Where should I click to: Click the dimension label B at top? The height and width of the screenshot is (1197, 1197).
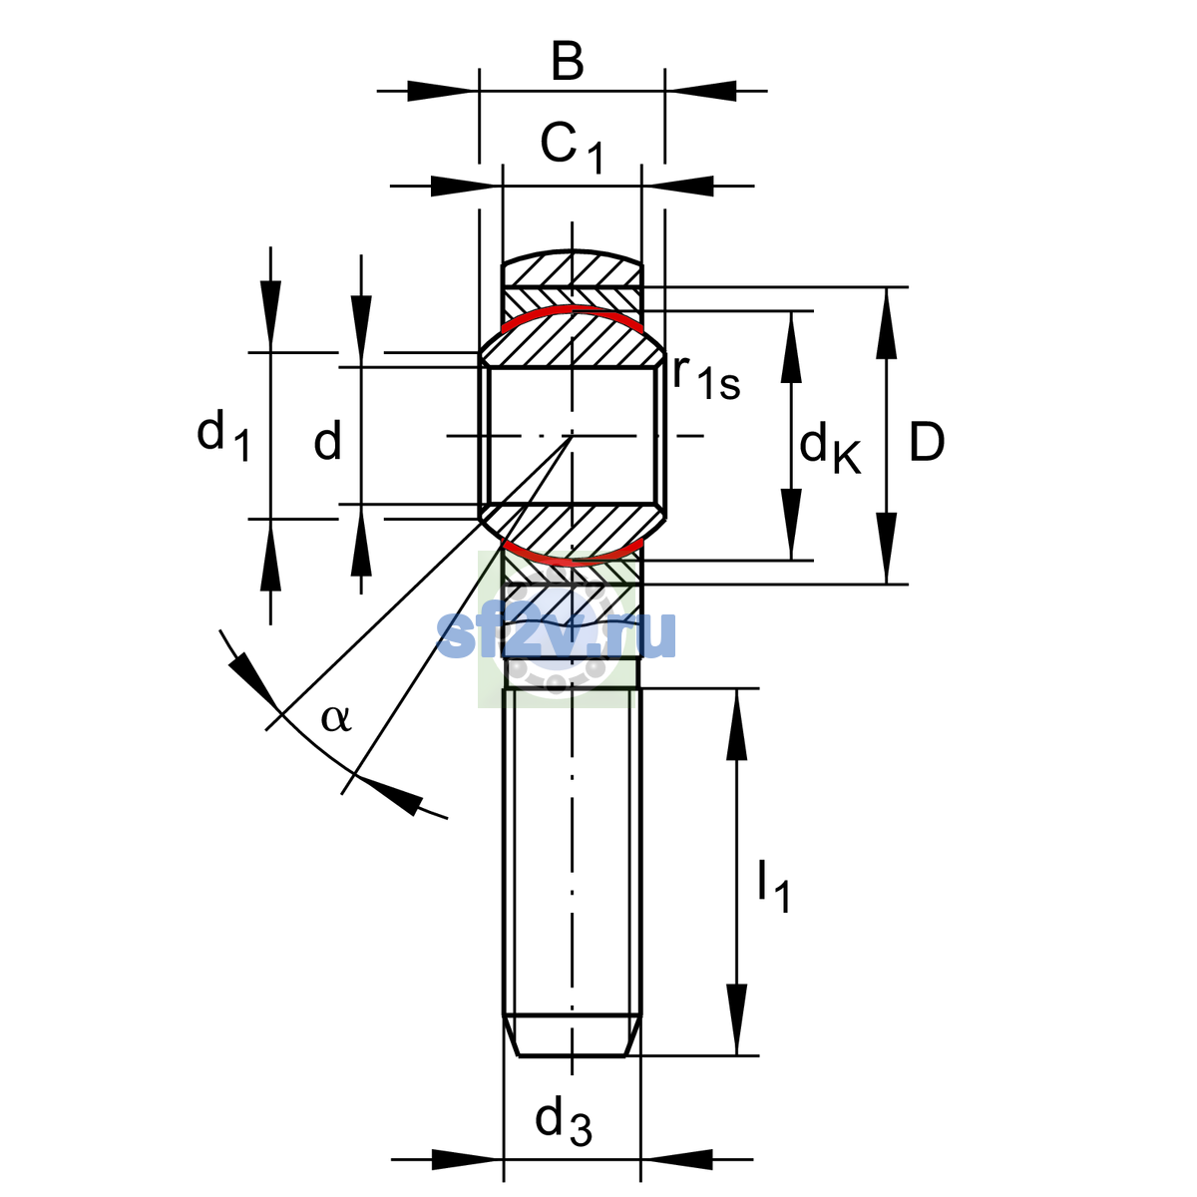568,62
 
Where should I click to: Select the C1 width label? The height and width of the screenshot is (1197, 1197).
572,148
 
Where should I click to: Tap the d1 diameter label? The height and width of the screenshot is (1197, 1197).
223,437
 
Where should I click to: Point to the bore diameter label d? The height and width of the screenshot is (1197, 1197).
327,439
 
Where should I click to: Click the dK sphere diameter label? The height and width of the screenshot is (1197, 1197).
830,447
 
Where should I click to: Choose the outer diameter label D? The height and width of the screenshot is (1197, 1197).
926,442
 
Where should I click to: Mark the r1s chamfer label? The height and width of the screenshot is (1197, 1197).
706,378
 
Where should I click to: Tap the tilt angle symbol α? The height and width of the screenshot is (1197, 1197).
336,718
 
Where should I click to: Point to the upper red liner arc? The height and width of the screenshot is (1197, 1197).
573,310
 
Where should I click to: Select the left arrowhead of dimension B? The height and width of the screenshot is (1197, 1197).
443,91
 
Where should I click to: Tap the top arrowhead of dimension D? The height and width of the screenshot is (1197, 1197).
886,323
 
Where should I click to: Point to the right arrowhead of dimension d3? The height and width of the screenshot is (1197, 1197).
677,1159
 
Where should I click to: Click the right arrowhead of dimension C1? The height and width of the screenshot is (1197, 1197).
677,186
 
